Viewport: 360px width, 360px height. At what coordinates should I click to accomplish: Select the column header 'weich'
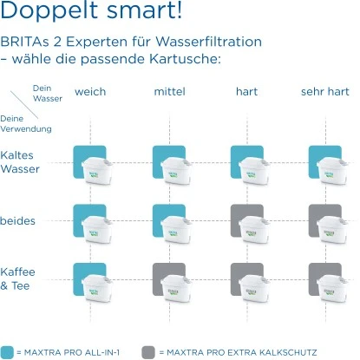point(90,92)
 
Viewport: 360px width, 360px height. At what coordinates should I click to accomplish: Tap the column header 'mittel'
point(169,92)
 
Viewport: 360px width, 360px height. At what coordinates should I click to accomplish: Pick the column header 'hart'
point(247,92)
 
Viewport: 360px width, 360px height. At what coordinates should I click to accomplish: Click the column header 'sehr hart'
point(324,92)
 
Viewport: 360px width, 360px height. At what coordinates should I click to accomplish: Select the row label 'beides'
point(18,220)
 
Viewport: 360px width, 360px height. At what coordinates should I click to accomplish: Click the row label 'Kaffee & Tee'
point(18,279)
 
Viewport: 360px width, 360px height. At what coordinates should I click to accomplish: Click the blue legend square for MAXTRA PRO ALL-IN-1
point(8,351)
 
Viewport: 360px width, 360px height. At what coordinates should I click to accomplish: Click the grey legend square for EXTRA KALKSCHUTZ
point(148,351)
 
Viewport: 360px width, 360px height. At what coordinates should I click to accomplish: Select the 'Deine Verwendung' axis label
point(26,123)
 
